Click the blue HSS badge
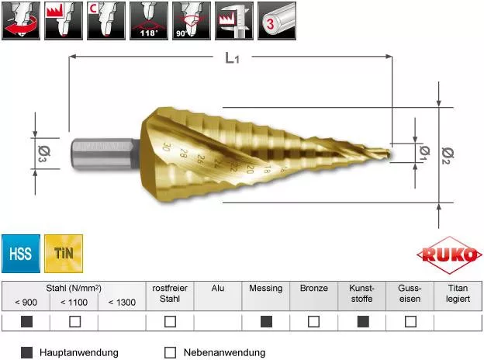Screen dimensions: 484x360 [x=21, y=254]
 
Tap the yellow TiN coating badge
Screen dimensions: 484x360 [x=64, y=254]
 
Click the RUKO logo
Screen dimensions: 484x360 [x=449, y=255]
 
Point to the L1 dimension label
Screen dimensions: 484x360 [x=232, y=57]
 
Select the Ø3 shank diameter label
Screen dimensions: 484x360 [x=44, y=154]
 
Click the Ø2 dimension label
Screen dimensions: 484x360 [x=448, y=156]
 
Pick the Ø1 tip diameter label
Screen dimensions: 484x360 [x=425, y=153]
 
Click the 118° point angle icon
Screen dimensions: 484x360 [x=149, y=21]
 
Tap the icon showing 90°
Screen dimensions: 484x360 [x=192, y=21]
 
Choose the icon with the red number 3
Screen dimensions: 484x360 [x=277, y=21]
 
